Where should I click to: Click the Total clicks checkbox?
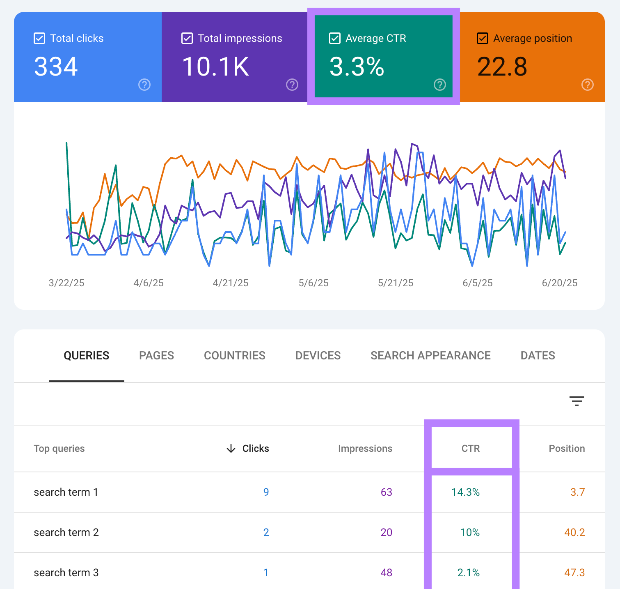[x=39, y=39]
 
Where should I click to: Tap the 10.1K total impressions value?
[x=215, y=67]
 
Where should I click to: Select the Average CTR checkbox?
[x=335, y=39]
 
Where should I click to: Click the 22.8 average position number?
[x=502, y=67]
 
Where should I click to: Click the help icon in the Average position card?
[x=587, y=85]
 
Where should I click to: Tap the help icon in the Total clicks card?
[x=144, y=85]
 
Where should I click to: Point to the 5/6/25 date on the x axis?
[x=313, y=283]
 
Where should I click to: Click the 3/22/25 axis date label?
[x=66, y=283]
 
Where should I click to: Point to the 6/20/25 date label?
[x=559, y=283]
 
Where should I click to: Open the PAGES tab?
[x=156, y=356]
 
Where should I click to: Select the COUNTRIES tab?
[x=235, y=356]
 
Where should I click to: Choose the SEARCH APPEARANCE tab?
[x=430, y=356]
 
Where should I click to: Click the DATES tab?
[x=538, y=356]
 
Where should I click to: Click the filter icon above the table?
[x=577, y=401]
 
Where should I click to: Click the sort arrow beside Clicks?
[x=231, y=449]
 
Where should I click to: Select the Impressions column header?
[x=365, y=449]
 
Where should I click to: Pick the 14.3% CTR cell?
[x=465, y=492]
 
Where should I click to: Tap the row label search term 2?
[x=66, y=532]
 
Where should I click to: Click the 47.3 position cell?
[x=574, y=573]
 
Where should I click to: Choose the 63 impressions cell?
[x=386, y=492]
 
